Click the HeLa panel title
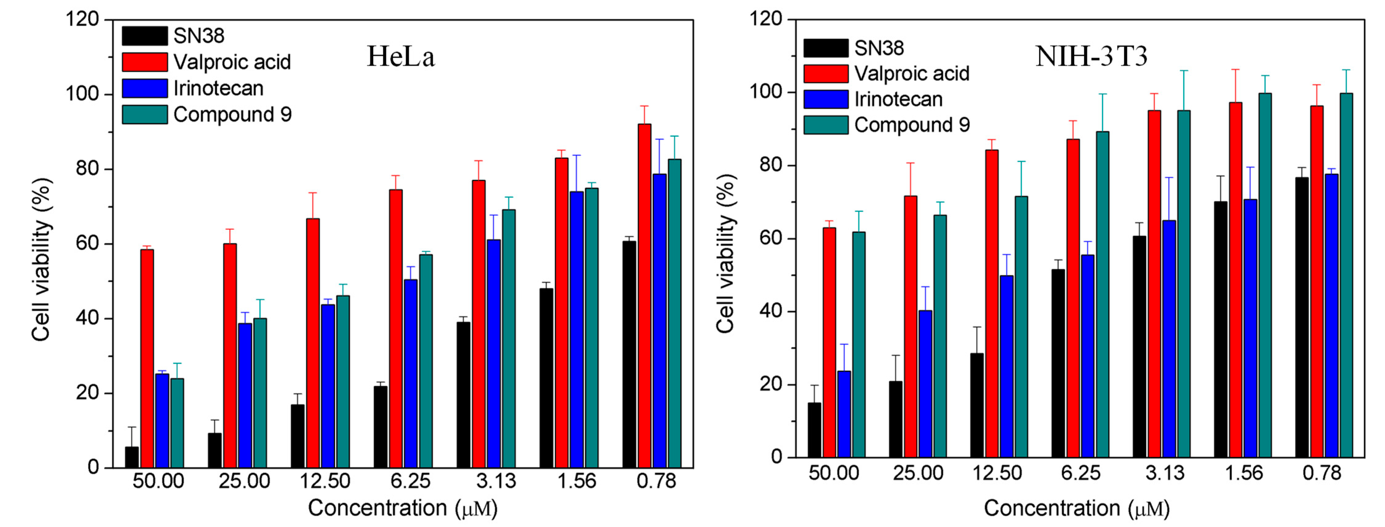click(x=401, y=56)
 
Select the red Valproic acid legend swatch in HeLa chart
click(x=144, y=62)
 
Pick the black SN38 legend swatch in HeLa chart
click(x=144, y=36)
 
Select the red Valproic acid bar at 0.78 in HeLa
click(x=644, y=296)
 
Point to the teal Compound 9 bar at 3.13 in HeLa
click(x=509, y=339)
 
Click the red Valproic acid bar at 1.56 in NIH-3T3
click(x=1235, y=280)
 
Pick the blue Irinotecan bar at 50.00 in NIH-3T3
click(x=844, y=414)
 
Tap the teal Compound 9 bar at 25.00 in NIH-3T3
click(x=940, y=336)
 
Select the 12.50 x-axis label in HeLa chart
click(x=325, y=481)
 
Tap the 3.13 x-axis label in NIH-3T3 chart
click(x=1164, y=473)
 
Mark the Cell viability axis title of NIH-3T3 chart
click(x=725, y=253)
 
